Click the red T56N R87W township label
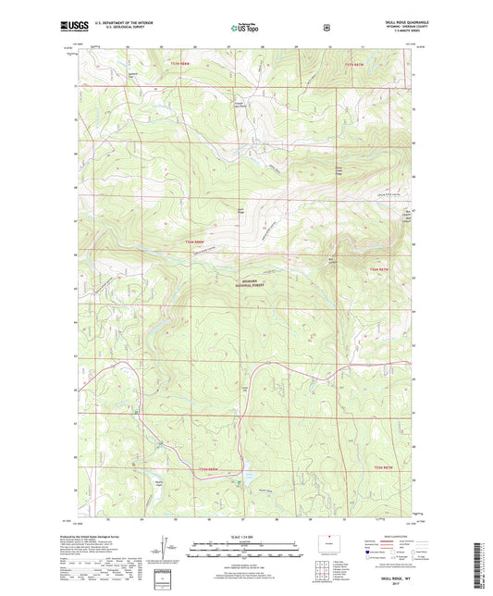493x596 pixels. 379,268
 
